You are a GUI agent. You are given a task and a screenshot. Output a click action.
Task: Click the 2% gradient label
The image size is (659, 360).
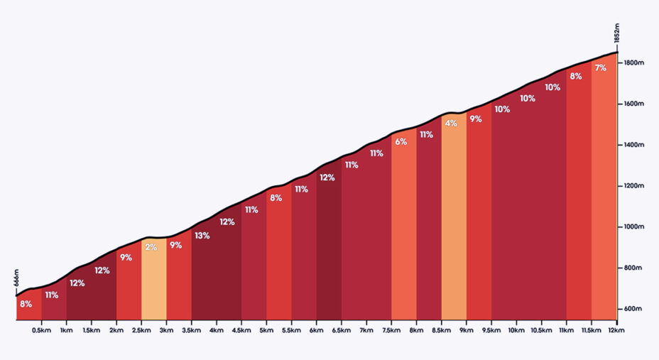tap(151, 247)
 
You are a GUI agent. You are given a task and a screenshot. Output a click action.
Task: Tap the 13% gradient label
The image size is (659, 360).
tap(202, 236)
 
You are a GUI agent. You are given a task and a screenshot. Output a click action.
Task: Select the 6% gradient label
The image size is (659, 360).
tap(401, 142)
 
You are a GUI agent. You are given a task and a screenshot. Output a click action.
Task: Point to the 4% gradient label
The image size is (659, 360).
tap(451, 124)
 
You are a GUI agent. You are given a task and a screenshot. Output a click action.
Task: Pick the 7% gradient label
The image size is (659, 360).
tap(601, 67)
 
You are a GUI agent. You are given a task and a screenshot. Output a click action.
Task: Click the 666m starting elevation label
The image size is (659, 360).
tap(16, 278)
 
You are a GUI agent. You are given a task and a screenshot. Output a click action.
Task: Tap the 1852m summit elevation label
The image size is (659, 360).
tap(617, 33)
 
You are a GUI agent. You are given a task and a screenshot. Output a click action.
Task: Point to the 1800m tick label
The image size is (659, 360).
tap(634, 62)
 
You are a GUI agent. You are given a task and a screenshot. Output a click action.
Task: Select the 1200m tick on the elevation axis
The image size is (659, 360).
tap(634, 185)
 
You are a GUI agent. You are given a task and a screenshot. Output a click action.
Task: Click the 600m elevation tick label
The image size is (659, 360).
tap(633, 309)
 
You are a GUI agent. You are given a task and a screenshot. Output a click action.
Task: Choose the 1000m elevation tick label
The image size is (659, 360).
tap(634, 227)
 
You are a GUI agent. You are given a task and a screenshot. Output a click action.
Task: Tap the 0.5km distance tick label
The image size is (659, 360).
tap(41, 330)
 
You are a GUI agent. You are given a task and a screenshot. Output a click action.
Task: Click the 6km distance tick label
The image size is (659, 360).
tap(317, 330)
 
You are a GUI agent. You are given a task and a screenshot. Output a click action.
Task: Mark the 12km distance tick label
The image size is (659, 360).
tap(616, 330)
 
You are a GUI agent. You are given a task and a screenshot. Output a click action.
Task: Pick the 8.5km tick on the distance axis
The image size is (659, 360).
tap(441, 330)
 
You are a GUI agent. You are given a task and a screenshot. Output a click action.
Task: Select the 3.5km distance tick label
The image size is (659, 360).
tap(191, 330)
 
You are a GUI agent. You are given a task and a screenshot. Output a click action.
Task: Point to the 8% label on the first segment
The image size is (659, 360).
tap(26, 304)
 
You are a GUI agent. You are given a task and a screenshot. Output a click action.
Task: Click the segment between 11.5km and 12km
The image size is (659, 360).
tap(604, 188)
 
